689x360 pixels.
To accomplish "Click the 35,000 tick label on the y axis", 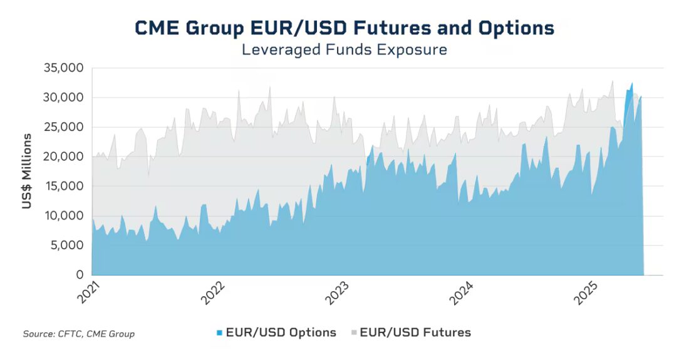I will click(63, 68).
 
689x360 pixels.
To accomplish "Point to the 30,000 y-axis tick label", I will click(63, 98).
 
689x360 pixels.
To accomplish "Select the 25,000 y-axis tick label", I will click(63, 127).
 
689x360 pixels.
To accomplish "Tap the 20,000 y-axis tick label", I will click(63, 157).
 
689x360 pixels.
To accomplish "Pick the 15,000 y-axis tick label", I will click(63, 186).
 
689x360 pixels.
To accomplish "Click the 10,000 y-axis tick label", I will click(63, 216).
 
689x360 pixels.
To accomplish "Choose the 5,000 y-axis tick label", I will click(66, 245).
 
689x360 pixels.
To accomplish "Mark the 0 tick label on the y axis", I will click(80, 275).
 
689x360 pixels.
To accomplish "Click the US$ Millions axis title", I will click(27, 171).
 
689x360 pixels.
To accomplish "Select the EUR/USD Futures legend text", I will click(415, 332).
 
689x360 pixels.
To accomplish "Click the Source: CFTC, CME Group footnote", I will click(78, 334).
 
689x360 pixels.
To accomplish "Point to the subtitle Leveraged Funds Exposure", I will click(344, 49).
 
